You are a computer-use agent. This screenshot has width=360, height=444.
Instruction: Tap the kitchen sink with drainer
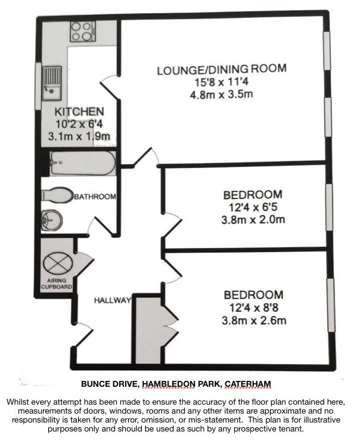click(51, 83)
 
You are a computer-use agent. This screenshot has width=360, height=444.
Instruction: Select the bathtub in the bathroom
click(83, 163)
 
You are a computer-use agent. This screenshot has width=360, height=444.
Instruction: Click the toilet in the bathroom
click(57, 195)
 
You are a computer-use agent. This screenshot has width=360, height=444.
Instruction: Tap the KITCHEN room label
click(79, 111)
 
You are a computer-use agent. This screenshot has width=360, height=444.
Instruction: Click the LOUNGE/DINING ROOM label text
click(222, 69)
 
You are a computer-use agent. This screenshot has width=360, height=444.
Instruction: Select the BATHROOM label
click(95, 196)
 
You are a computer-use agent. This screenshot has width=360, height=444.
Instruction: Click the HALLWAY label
click(113, 300)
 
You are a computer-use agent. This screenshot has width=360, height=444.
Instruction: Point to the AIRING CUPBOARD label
click(57, 284)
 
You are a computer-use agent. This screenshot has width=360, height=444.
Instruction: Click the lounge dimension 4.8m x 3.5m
click(221, 94)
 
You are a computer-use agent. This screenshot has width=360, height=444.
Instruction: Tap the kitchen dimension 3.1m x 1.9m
click(79, 136)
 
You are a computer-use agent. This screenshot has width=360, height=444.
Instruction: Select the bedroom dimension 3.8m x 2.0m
click(253, 220)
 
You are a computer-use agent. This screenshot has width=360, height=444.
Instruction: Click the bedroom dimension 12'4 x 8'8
click(253, 308)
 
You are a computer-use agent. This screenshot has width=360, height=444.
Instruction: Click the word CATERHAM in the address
click(247, 384)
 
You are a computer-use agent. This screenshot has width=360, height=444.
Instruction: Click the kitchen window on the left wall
click(38, 86)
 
